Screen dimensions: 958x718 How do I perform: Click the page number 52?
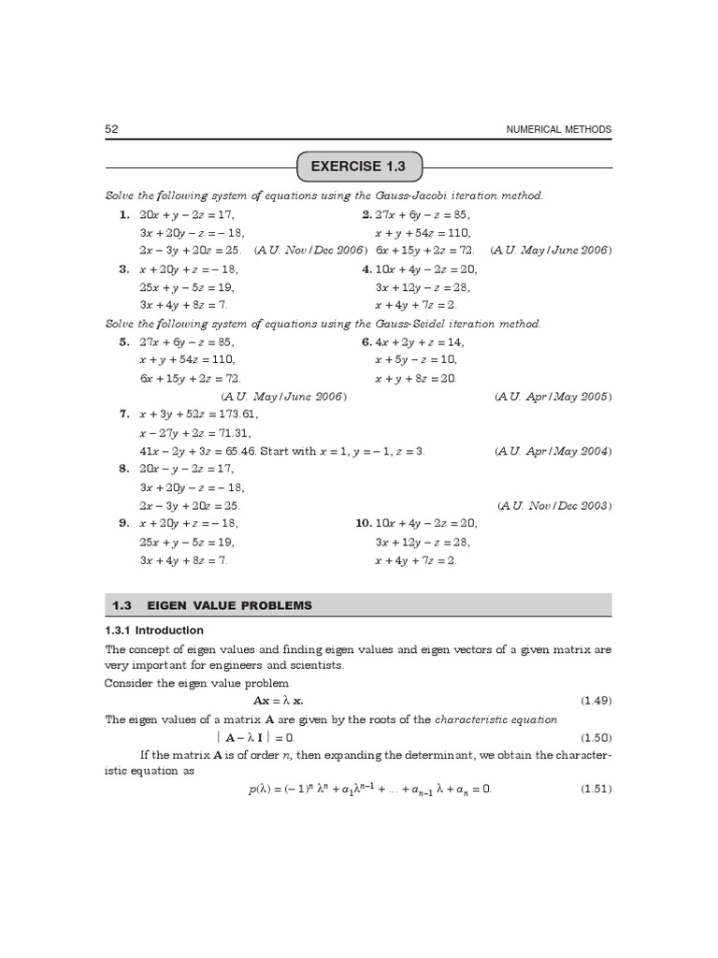(x=111, y=129)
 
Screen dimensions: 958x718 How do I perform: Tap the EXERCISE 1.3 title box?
(x=360, y=167)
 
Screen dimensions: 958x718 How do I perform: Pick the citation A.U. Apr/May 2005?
(x=553, y=397)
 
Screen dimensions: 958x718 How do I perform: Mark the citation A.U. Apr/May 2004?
(x=553, y=451)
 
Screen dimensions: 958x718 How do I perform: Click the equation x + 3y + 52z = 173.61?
(x=199, y=414)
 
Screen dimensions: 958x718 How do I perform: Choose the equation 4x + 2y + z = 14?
(x=420, y=342)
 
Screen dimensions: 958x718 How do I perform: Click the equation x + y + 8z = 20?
(x=416, y=378)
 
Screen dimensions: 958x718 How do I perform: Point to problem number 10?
(x=363, y=524)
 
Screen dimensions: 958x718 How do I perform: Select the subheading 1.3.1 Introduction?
(x=153, y=631)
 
